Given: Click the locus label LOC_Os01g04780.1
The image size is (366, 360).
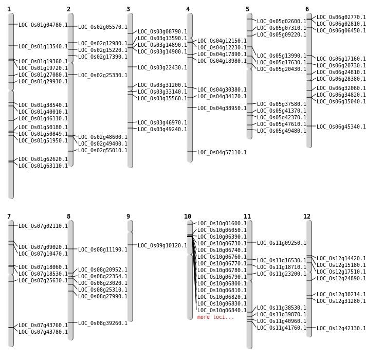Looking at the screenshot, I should (43, 25).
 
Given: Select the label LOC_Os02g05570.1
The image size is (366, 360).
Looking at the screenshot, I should (103, 27).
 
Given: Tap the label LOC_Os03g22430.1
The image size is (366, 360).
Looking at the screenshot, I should (162, 67).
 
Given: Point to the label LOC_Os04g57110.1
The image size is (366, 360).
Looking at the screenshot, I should (222, 152).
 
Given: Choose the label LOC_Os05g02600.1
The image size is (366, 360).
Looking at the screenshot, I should (282, 21).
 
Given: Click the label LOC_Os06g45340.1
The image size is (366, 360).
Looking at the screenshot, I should (341, 127).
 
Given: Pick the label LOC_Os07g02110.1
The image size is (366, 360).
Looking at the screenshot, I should (43, 226).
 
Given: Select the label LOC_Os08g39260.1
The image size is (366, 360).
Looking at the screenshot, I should (103, 323).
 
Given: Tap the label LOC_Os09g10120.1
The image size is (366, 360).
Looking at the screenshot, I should (162, 245).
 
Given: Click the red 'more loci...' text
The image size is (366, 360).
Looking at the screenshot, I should (215, 317).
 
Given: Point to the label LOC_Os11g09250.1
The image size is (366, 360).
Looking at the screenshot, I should (282, 243).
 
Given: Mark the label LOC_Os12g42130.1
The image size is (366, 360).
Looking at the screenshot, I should (341, 328).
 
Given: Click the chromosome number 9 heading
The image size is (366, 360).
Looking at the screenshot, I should (128, 217).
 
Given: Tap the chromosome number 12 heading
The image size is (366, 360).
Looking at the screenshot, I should (307, 217).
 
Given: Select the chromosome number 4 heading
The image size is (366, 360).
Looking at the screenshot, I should (188, 9).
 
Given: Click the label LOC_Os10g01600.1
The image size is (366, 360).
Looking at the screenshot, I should (222, 223).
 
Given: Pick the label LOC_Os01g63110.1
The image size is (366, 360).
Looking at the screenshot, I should (43, 166).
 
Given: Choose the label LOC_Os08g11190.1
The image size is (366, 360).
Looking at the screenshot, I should (103, 249).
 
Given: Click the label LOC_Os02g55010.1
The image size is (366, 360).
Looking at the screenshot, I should (103, 150).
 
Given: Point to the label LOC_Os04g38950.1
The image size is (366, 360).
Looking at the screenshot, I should (222, 108).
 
